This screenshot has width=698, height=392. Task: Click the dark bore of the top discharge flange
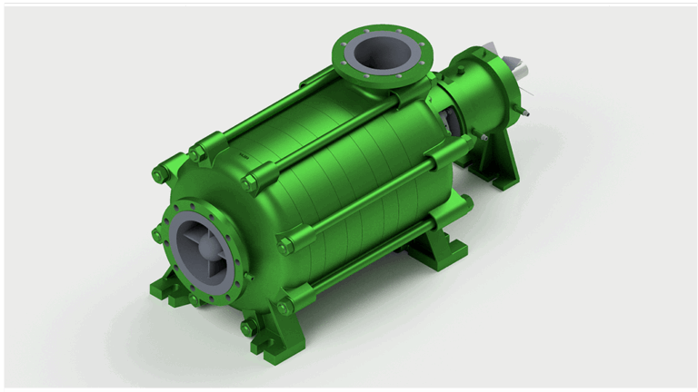pyautogui.click(x=379, y=54)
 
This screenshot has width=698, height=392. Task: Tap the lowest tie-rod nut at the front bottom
pyautogui.click(x=248, y=324)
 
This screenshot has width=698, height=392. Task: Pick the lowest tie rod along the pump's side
pyautogui.click(x=364, y=264)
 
